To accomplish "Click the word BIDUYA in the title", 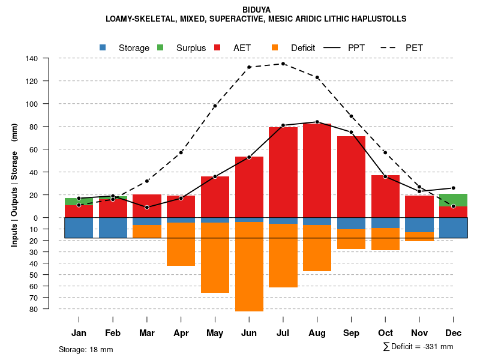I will click(256, 10).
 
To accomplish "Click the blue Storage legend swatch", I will click(103, 47).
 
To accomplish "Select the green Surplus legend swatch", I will click(160, 47).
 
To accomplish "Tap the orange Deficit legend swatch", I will click(275, 47).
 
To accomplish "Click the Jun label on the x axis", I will click(249, 333).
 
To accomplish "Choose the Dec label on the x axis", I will click(453, 333).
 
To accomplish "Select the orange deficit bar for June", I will click(249, 267).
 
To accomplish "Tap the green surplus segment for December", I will click(453, 200).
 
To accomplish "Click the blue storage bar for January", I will click(79, 228).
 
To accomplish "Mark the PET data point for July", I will click(283, 64).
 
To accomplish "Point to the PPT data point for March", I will click(147, 207).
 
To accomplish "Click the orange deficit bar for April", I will click(181, 244).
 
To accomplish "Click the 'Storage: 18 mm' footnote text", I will click(86, 349).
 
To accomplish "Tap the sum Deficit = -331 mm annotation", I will click(418, 346).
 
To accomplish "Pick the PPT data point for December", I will click(453, 188).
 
